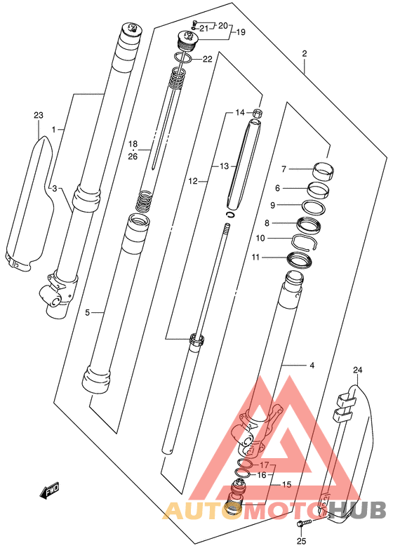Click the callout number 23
pyautogui.click(x=39, y=115)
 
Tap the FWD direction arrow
pyautogui.click(x=50, y=491)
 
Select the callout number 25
pyautogui.click(x=301, y=541)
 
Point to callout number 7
pyautogui.click(x=284, y=169)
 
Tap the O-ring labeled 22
pyautogui.click(x=183, y=58)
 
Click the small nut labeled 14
pyautogui.click(x=258, y=114)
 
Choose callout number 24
pyautogui.click(x=358, y=370)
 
